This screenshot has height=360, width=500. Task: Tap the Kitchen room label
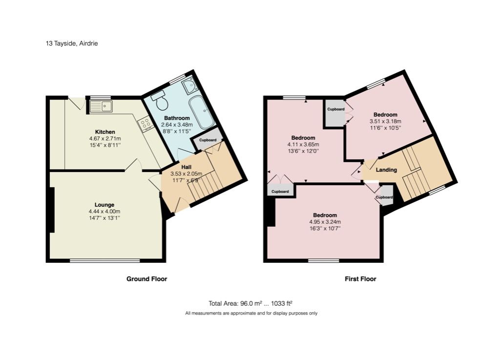(x=105, y=132)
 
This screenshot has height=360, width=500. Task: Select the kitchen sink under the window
(x=101, y=106)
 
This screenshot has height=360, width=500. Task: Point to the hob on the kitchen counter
(x=146, y=124)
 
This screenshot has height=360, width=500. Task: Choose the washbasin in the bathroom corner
(x=188, y=87)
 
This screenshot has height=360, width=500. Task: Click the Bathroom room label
(x=177, y=118)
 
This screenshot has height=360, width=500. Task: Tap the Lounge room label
(x=104, y=205)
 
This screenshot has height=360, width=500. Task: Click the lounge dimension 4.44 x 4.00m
(x=104, y=211)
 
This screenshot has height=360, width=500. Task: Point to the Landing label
(x=386, y=170)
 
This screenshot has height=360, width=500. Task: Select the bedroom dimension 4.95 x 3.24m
(x=325, y=222)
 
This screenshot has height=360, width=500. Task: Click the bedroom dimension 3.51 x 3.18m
(x=385, y=121)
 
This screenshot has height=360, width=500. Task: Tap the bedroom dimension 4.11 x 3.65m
(x=303, y=145)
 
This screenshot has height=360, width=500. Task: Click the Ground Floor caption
(x=146, y=279)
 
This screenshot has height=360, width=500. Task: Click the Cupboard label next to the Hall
(x=208, y=140)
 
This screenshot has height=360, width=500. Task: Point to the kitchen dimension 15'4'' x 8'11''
(x=105, y=145)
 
